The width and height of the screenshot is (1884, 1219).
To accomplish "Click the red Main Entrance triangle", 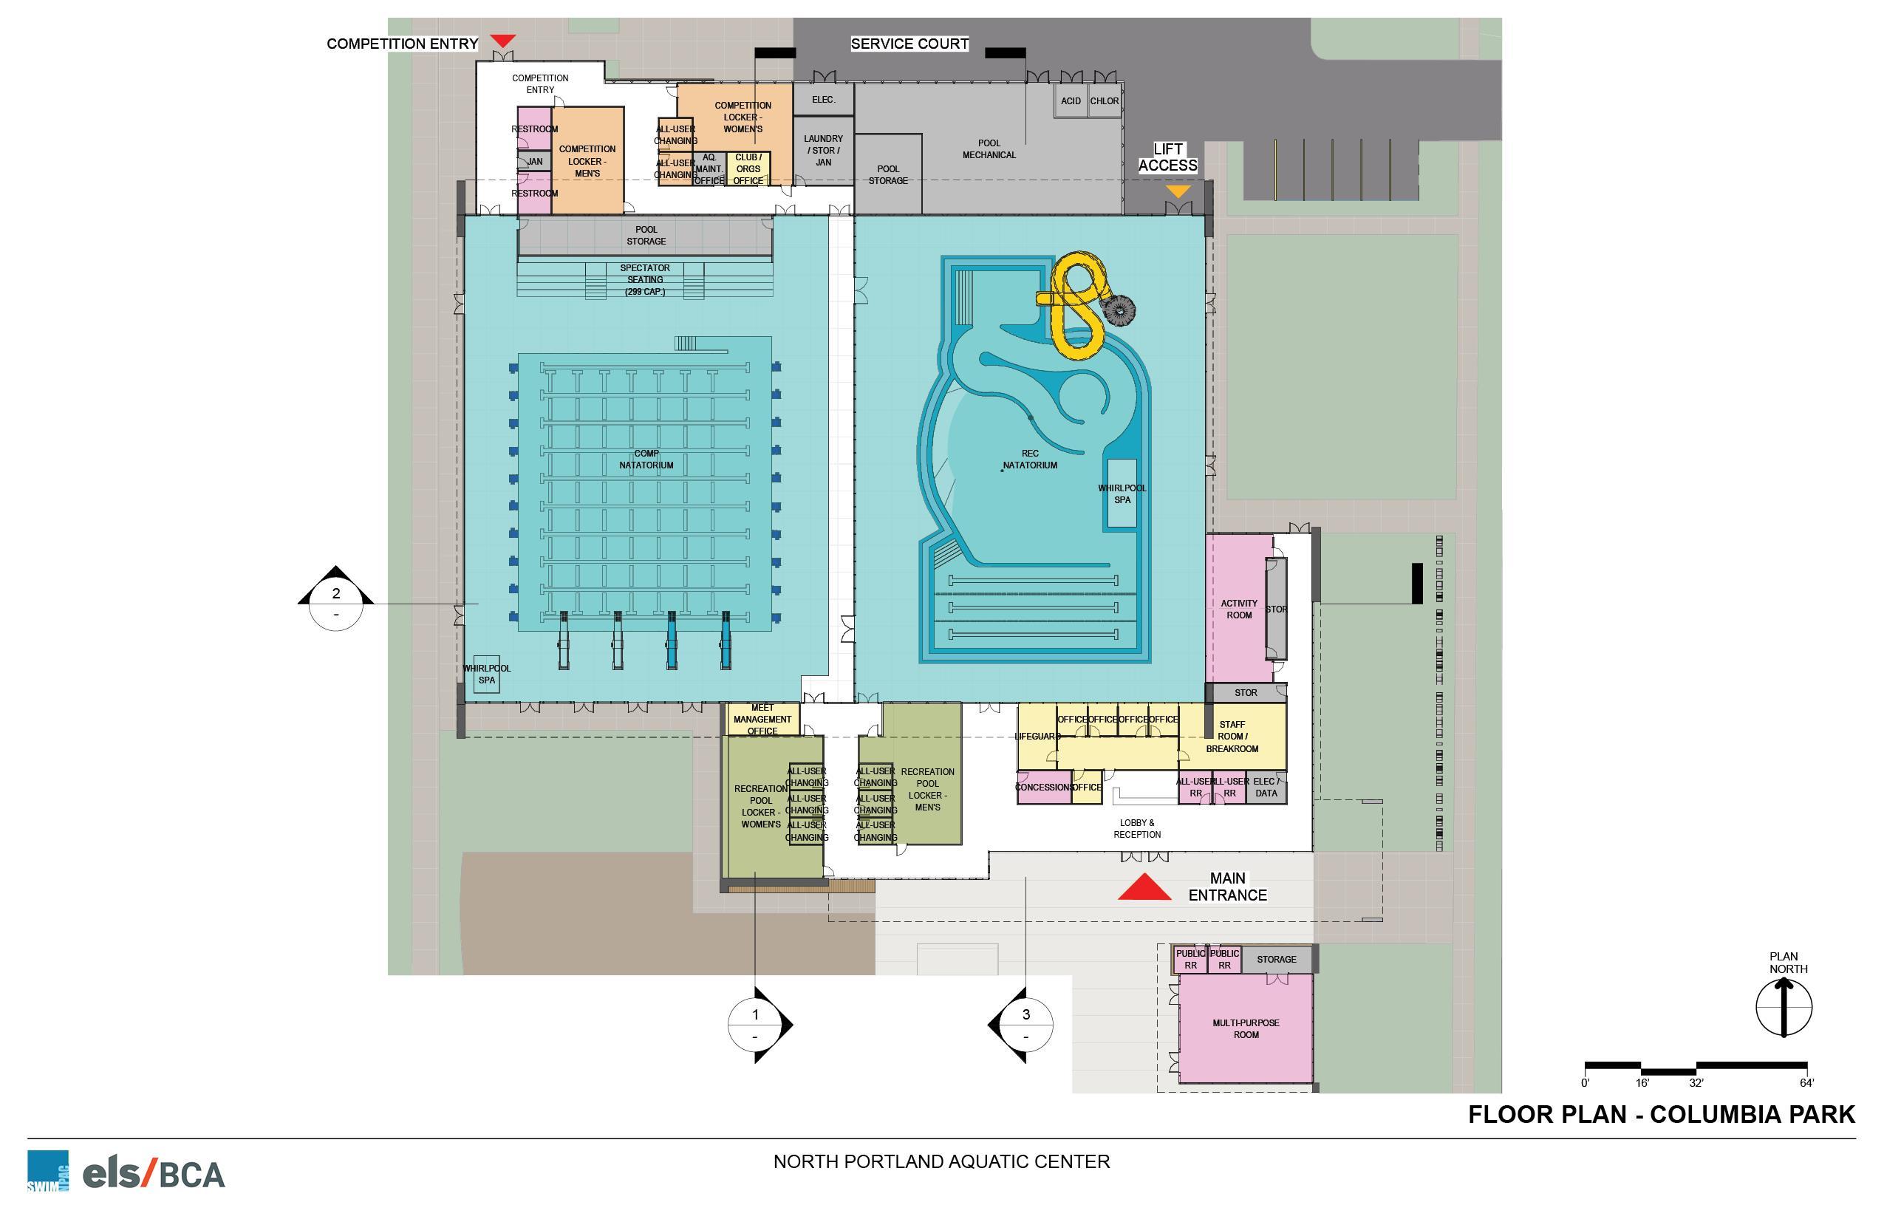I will pyautogui.click(x=1144, y=889).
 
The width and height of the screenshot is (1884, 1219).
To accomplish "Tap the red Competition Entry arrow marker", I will pyautogui.click(x=502, y=41).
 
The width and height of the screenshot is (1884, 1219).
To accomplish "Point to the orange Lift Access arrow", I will pyautogui.click(x=1178, y=191).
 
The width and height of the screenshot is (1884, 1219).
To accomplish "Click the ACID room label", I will pyautogui.click(x=1071, y=101).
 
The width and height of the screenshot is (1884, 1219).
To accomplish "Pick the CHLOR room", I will pyautogui.click(x=1105, y=101).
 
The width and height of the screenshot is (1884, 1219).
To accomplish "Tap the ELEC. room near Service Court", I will pyautogui.click(x=823, y=100).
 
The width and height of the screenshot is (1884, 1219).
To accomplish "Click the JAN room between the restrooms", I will pyautogui.click(x=535, y=162).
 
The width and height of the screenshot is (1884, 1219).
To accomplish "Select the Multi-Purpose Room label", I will pyautogui.click(x=1246, y=1028).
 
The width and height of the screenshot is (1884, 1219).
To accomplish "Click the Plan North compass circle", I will pyautogui.click(x=1784, y=1008).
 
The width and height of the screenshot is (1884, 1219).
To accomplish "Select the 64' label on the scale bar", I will pyautogui.click(x=1806, y=1083).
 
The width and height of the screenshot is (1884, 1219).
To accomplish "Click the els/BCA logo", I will pyautogui.click(x=154, y=1174).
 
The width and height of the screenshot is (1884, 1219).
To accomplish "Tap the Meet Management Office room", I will pyautogui.click(x=762, y=720).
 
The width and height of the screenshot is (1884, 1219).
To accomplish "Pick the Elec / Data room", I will pyautogui.click(x=1266, y=788).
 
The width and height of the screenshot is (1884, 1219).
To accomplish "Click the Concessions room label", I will pyautogui.click(x=1043, y=788).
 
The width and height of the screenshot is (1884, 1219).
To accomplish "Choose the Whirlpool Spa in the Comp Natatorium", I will pyautogui.click(x=486, y=675).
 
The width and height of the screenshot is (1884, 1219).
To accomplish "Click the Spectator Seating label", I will pyautogui.click(x=645, y=279).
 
